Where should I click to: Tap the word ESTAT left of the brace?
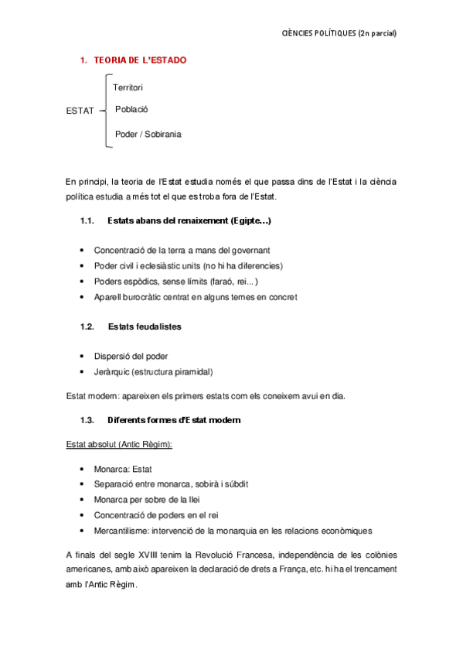point(80,111)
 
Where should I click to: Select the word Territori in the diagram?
point(128,87)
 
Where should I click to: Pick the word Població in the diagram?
point(131,109)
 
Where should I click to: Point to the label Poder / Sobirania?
point(148,134)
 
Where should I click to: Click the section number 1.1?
point(87,221)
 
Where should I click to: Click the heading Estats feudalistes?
point(145,326)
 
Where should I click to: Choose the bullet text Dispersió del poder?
point(131,356)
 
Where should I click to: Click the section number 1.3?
point(87,420)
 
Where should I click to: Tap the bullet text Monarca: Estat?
point(124,469)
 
